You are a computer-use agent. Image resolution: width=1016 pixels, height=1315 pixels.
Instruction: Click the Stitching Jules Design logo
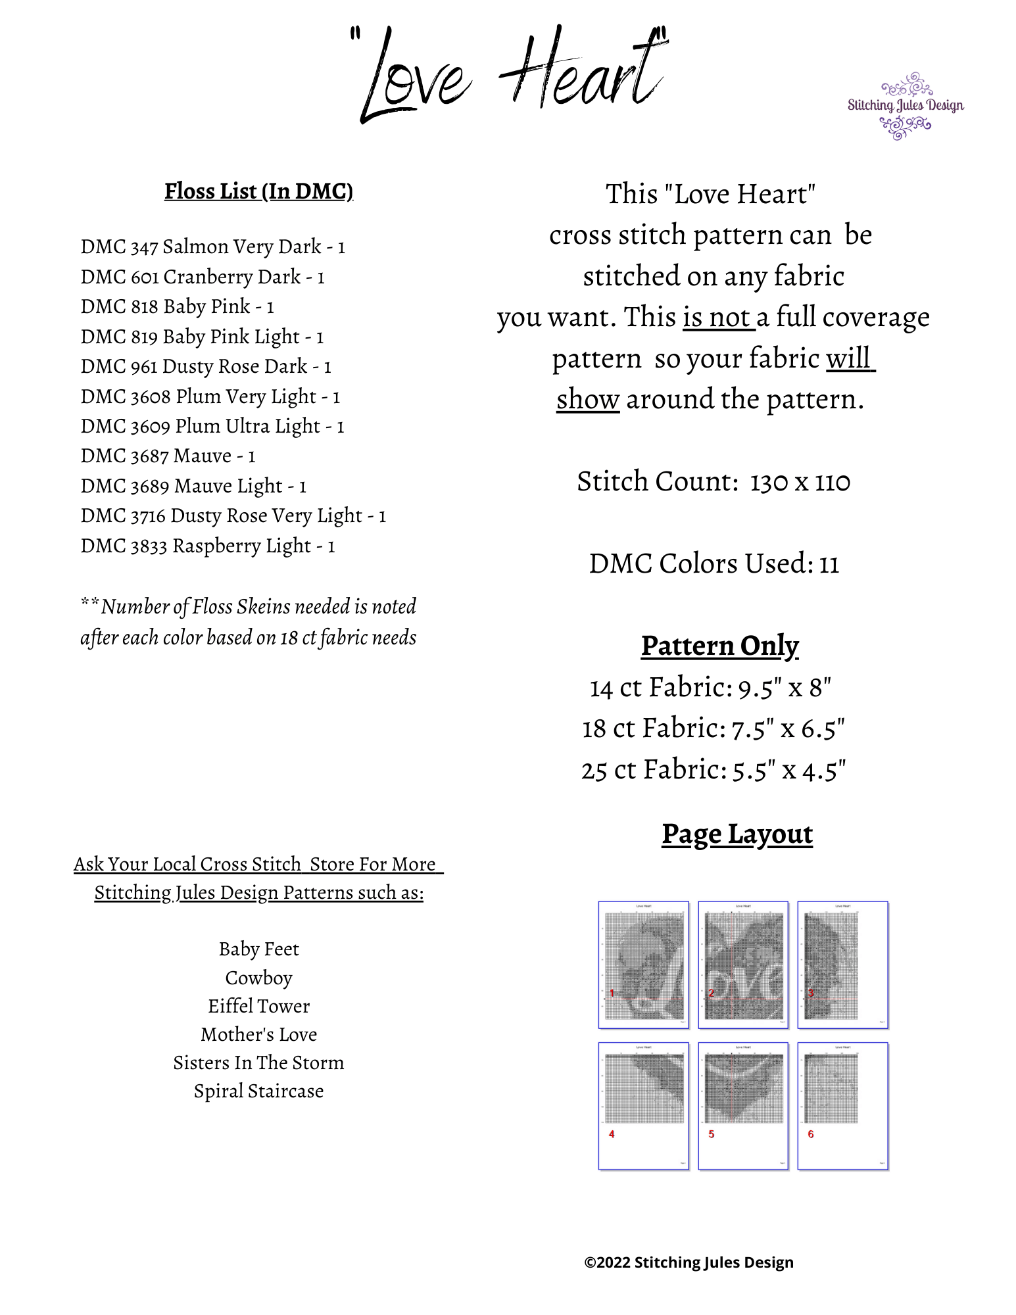click(x=906, y=106)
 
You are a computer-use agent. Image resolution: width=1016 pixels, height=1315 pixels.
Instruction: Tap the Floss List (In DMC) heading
click(x=258, y=191)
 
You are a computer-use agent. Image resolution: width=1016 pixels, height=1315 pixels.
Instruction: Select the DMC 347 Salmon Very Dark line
click(x=212, y=247)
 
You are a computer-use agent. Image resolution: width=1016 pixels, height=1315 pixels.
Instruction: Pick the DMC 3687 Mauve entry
click(x=168, y=456)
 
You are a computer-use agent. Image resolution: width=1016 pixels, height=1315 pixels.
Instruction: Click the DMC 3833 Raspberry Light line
click(x=208, y=546)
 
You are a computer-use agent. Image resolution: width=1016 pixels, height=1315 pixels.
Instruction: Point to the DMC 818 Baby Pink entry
click(x=177, y=307)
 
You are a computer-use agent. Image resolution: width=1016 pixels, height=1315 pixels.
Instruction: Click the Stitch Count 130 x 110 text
click(x=714, y=482)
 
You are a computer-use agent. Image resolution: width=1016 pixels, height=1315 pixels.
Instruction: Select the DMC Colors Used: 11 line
click(x=714, y=564)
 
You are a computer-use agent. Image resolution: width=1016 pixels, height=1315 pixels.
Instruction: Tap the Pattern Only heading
click(x=720, y=646)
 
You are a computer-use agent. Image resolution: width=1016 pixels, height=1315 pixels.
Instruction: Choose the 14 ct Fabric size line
click(x=711, y=688)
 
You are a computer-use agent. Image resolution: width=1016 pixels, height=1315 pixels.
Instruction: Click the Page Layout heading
click(x=737, y=834)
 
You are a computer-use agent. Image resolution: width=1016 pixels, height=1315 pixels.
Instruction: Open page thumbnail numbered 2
click(x=743, y=965)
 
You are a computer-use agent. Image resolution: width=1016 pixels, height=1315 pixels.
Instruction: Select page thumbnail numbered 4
click(x=644, y=1106)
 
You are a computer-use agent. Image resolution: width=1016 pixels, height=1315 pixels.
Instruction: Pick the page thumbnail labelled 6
click(x=843, y=1106)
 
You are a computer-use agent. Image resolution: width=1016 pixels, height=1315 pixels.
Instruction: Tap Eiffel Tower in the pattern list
click(x=258, y=1007)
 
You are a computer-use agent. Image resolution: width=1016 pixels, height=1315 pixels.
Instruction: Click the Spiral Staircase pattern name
click(x=258, y=1091)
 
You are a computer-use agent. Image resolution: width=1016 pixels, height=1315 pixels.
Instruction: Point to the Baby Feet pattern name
click(x=258, y=949)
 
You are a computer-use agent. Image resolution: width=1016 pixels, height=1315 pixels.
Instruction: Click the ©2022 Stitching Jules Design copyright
click(x=689, y=1262)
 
